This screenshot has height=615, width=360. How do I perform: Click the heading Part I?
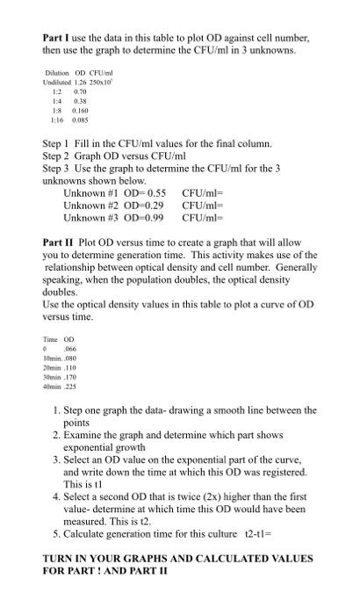57,40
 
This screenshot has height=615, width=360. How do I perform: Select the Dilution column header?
55,72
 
